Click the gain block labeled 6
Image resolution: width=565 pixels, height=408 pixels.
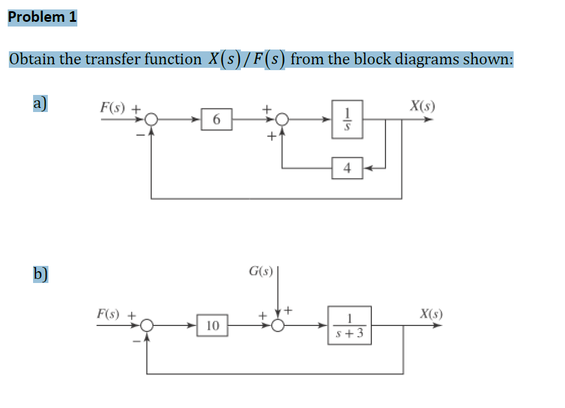click(x=217, y=120)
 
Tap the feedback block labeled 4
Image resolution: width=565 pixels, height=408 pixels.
click(x=347, y=168)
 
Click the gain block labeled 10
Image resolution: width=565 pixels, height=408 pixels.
click(x=213, y=325)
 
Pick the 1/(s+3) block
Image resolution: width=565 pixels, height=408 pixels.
click(x=350, y=325)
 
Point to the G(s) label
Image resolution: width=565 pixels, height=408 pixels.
click(x=260, y=272)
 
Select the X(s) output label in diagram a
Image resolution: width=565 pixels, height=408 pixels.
click(x=422, y=107)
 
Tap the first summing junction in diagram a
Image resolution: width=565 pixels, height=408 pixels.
click(x=152, y=120)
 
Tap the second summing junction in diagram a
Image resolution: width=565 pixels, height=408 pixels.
click(x=283, y=120)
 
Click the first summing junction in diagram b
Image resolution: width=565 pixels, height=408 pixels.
click(x=147, y=325)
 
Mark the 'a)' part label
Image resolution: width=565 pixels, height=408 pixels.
click(x=40, y=103)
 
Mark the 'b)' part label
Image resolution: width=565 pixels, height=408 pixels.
click(x=41, y=275)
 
